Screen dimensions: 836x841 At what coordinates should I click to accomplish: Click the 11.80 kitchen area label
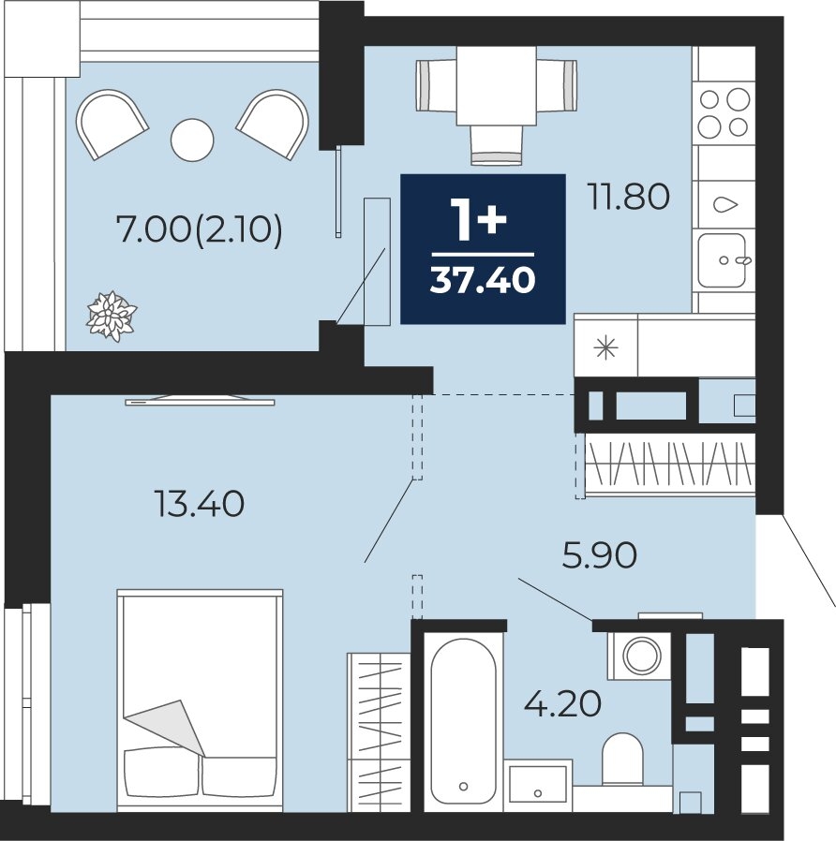click(x=629, y=196)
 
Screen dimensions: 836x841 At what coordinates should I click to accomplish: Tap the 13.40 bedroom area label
click(x=199, y=504)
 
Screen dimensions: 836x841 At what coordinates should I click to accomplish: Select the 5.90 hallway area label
click(x=600, y=554)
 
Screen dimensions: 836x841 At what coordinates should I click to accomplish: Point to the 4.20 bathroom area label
click(x=562, y=703)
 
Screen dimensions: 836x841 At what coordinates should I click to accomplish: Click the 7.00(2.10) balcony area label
click(x=199, y=231)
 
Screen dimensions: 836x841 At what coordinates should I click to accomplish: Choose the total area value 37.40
click(x=483, y=280)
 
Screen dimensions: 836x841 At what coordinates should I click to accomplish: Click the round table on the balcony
click(x=192, y=140)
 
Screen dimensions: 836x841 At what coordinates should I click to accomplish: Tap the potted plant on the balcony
click(x=112, y=316)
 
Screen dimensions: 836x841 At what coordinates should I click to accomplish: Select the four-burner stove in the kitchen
click(x=724, y=112)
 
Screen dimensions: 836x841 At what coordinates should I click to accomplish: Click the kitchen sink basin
click(x=722, y=260)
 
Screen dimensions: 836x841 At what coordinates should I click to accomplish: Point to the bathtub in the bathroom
click(x=464, y=721)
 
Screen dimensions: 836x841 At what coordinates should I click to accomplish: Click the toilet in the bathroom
click(x=622, y=759)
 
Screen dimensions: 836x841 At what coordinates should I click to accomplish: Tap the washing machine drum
click(x=641, y=656)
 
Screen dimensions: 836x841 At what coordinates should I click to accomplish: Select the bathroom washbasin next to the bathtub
click(x=538, y=784)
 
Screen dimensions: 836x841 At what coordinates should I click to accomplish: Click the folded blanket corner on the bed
click(x=165, y=728)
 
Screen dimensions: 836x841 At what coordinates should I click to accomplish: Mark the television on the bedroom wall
click(x=201, y=400)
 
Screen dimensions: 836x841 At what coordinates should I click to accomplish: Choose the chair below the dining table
click(x=497, y=144)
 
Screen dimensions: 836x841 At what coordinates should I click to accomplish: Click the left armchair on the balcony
click(x=112, y=124)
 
